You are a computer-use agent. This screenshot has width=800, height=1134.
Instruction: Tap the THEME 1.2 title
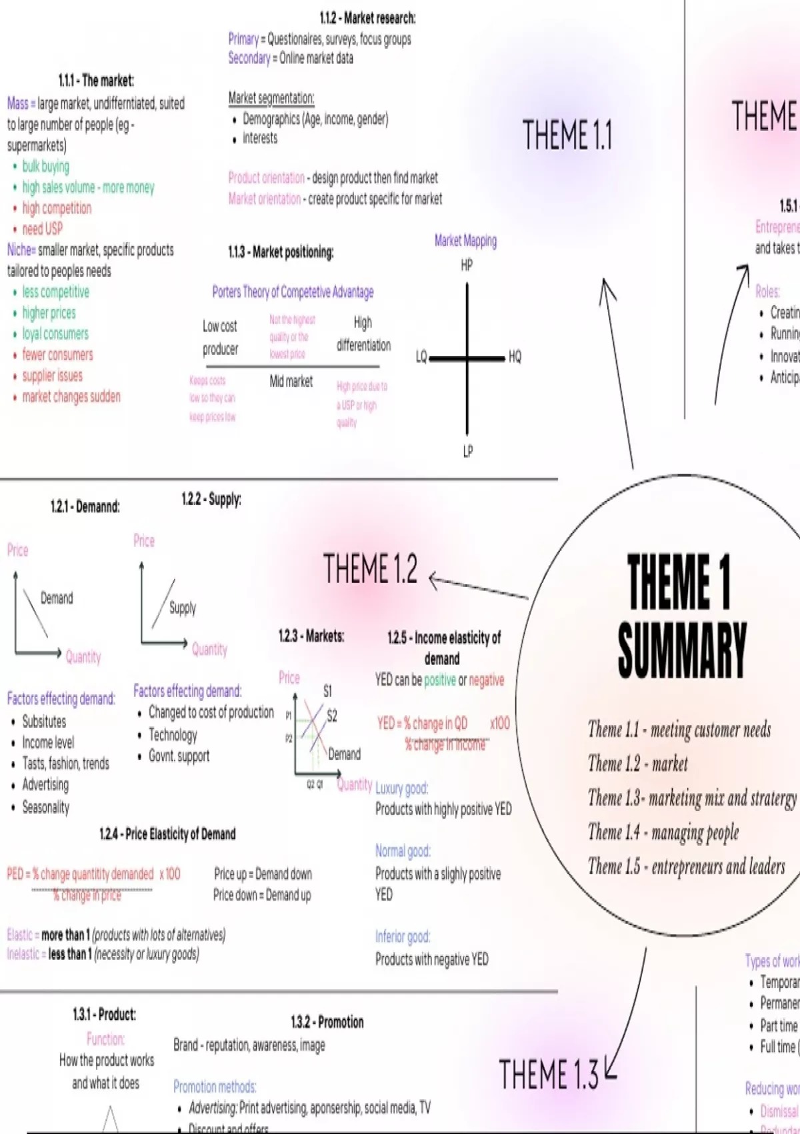(371, 569)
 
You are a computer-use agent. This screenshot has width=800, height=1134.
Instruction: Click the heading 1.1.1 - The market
(96, 81)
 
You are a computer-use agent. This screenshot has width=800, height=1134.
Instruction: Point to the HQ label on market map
(515, 357)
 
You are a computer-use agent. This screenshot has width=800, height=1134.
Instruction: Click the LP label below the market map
(467, 451)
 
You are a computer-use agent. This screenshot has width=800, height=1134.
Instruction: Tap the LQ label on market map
(421, 357)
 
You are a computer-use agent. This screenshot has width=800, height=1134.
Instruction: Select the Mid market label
(291, 382)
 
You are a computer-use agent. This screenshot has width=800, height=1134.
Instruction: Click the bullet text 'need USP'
(42, 229)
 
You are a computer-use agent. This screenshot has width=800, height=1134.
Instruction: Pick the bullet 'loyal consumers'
(55, 334)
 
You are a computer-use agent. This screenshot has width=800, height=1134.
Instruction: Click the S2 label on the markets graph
(331, 716)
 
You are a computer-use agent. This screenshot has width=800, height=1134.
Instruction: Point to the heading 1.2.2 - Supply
(211, 499)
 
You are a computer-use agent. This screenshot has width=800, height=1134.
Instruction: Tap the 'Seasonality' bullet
(45, 807)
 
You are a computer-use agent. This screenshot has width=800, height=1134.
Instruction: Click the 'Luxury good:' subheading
(401, 788)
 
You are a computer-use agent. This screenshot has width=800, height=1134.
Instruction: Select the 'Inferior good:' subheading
(403, 937)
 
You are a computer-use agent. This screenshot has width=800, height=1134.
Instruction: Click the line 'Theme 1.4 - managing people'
(663, 832)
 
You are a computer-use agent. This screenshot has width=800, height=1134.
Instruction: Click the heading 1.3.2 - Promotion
(327, 1022)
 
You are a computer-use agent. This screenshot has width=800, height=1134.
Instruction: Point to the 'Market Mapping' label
(465, 241)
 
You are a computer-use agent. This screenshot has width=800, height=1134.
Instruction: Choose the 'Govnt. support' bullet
(179, 756)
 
